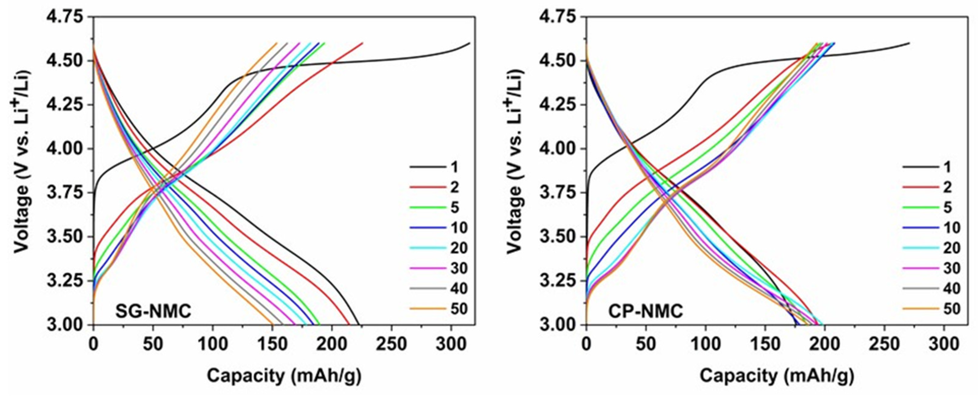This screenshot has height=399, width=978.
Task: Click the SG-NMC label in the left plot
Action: (x=153, y=312)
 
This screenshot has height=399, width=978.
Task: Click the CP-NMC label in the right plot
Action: (x=646, y=312)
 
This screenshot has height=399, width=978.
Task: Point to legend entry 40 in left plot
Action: (x=458, y=289)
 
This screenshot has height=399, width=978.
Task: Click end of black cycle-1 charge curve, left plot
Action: (x=470, y=43)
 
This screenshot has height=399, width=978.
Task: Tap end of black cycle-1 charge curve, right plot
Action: (x=909, y=43)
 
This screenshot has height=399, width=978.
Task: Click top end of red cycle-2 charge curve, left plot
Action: (x=362, y=43)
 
